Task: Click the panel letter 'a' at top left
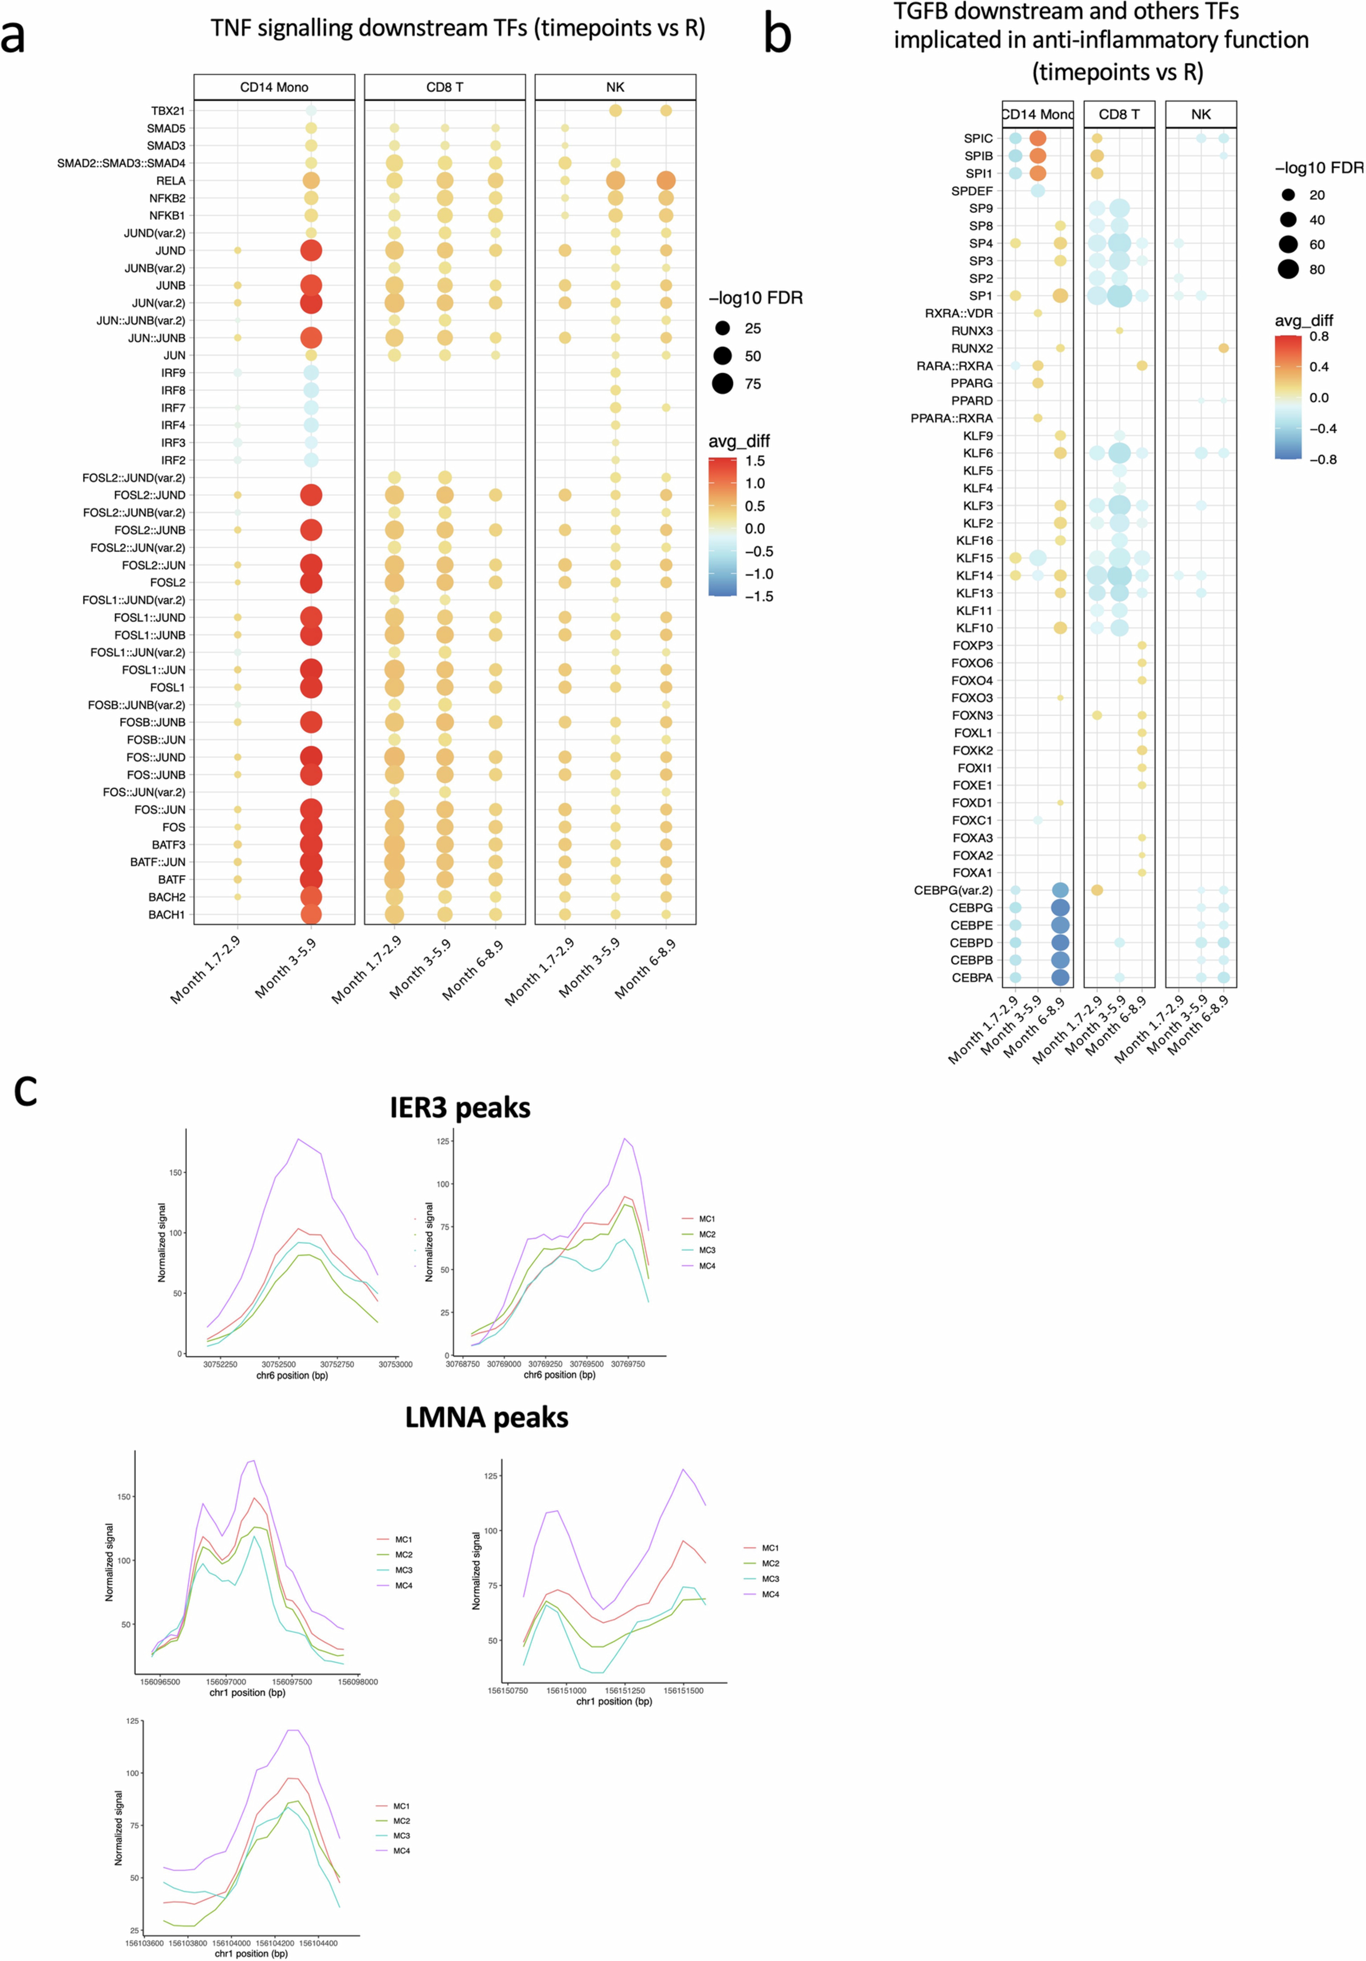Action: click(x=13, y=38)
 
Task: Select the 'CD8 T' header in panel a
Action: click(x=444, y=87)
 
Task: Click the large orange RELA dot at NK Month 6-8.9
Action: click(x=666, y=180)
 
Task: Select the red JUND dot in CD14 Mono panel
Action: click(x=311, y=250)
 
